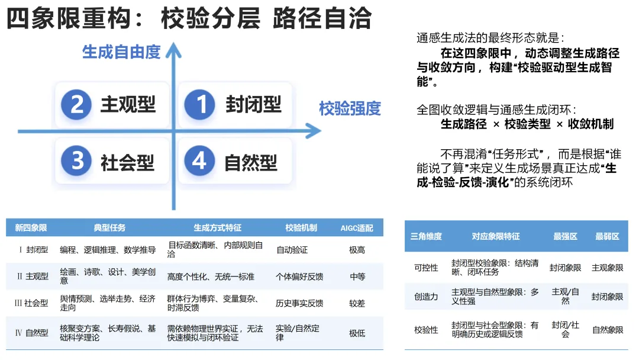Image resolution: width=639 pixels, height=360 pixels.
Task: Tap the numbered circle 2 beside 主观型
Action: tap(77, 105)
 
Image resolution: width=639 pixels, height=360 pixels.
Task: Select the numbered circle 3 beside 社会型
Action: tap(77, 161)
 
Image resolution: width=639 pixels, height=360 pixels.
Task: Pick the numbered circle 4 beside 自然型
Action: tap(199, 161)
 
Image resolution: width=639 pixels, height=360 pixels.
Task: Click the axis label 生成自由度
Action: tap(121, 52)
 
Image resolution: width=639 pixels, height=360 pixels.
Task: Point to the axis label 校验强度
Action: tap(350, 108)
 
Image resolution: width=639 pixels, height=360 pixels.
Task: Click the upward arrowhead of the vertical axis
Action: tap(173, 50)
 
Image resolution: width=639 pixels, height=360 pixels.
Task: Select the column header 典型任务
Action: tap(109, 228)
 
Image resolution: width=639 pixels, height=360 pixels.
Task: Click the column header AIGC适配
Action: tap(357, 228)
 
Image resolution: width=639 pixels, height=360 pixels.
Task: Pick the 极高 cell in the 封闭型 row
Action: tap(357, 250)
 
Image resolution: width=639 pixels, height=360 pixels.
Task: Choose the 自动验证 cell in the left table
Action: tap(292, 250)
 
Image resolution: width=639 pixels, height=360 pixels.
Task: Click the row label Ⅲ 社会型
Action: tap(31, 303)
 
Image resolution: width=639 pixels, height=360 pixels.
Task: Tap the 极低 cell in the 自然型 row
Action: tap(357, 333)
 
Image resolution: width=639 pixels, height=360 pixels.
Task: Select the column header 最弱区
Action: tap(607, 236)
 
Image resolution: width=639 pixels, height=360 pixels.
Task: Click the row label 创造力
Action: tap(426, 297)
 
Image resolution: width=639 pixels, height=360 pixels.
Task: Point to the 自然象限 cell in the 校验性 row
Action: tap(607, 329)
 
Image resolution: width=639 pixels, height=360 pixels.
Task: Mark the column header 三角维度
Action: tap(426, 236)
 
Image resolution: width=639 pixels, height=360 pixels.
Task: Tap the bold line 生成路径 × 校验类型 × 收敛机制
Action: tap(527, 124)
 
